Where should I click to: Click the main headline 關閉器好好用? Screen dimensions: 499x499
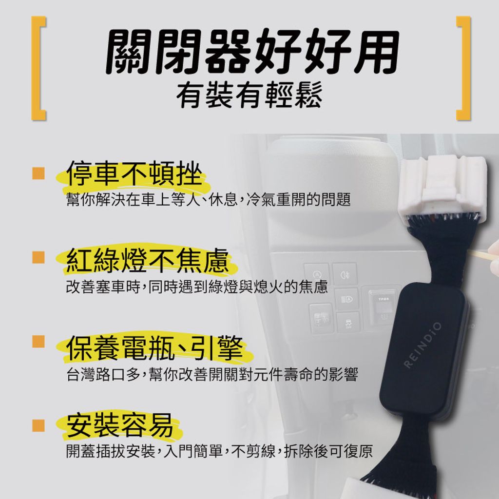(x=252, y=52)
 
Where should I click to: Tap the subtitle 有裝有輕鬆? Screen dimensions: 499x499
(x=249, y=95)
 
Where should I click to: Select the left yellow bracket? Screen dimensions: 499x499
(x=38, y=68)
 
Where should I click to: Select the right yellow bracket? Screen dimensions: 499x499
(x=463, y=68)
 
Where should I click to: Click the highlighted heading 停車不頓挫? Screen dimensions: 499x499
(x=134, y=173)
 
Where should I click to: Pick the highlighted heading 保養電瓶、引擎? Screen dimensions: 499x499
(x=154, y=348)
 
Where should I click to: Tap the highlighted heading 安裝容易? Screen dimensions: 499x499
(x=120, y=425)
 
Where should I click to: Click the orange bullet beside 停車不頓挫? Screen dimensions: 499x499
(x=38, y=173)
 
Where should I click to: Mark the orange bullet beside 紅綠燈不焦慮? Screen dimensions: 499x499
(x=38, y=257)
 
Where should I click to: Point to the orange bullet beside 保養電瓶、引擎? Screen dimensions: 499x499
(x=38, y=342)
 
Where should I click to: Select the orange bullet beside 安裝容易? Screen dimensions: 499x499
(x=38, y=425)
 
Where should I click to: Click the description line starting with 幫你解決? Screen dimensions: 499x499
(x=209, y=199)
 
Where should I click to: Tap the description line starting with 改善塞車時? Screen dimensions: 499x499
(x=197, y=287)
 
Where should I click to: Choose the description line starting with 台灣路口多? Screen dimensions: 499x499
(x=212, y=374)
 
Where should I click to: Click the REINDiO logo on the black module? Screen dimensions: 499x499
(x=423, y=345)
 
